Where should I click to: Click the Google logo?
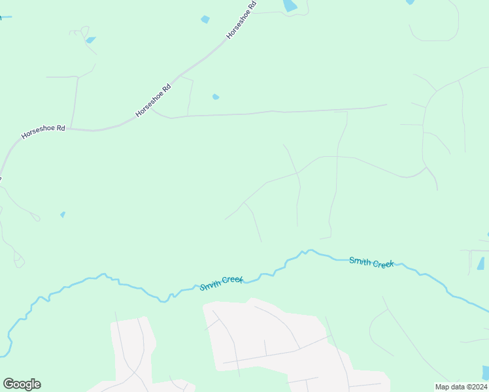(x=22, y=384)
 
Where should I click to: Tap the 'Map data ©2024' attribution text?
(x=460, y=387)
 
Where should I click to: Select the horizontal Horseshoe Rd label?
(x=43, y=132)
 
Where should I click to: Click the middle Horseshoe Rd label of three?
(x=153, y=100)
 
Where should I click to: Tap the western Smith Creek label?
(x=222, y=283)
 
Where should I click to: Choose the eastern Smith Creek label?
(x=371, y=262)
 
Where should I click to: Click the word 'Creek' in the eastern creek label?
(x=382, y=263)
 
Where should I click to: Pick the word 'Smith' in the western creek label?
(x=210, y=286)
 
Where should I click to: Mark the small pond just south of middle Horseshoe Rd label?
(x=215, y=97)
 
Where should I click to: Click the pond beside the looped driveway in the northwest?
(x=90, y=40)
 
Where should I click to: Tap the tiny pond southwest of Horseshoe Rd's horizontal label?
(x=63, y=214)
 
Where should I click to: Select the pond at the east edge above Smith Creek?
(x=481, y=263)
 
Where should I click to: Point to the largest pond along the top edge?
(x=289, y=6)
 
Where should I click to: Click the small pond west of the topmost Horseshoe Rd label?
(x=205, y=20)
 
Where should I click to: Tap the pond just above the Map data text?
(x=485, y=372)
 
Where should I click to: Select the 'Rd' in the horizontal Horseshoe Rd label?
(x=60, y=129)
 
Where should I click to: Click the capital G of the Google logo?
(x=8, y=384)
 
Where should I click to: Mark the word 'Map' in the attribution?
(x=443, y=387)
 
